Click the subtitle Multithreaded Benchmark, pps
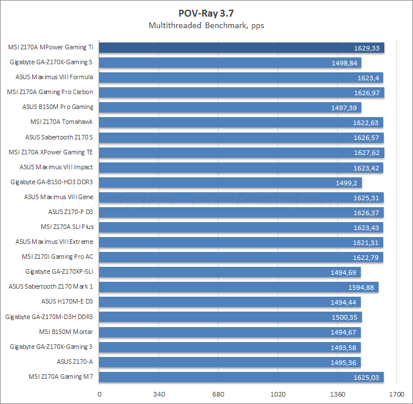point(206,25)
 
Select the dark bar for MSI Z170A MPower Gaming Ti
point(241,48)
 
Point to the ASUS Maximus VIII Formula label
point(54,77)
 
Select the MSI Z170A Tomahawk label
point(61,122)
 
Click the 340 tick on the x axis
point(159,394)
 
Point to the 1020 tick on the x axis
point(278,394)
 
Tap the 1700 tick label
point(396,394)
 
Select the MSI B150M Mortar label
point(66,332)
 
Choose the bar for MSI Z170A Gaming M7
point(241,376)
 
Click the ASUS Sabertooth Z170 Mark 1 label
point(51,286)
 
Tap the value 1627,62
point(367,153)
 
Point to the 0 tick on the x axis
point(100,394)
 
